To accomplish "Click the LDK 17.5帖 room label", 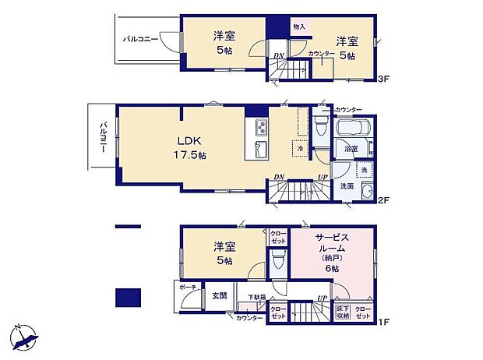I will pos(189,147).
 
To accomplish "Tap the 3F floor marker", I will pos(382,79).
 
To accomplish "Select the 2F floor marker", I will pos(382,199).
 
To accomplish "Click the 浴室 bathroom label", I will pos(351,149).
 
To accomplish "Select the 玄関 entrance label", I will pos(219,295).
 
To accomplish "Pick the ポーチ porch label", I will pos(188,288).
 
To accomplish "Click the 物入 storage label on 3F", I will pos(299,26).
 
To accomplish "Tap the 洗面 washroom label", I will pos(347,186).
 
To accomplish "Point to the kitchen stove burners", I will pos(259,126).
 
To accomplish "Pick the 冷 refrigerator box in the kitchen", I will pos(300,147).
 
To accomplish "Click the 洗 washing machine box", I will pos(363,170).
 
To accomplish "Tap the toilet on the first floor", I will pos(277,262).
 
